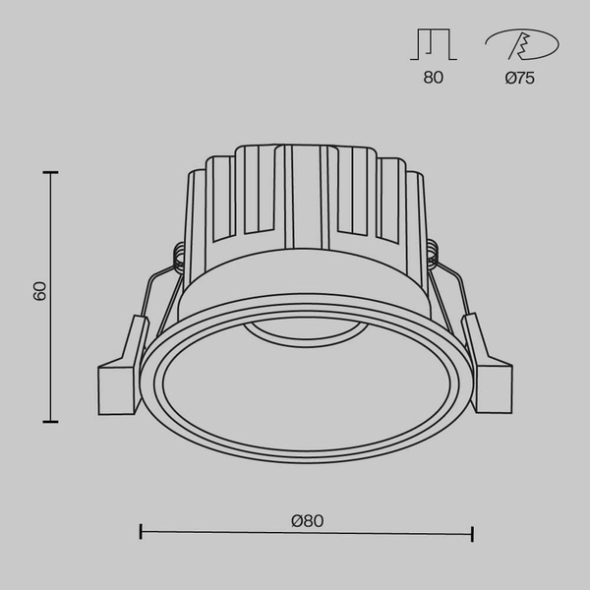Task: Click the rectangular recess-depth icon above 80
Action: pyautogui.click(x=433, y=44)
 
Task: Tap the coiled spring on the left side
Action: pyautogui.click(x=178, y=257)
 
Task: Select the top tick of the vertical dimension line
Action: pyautogui.click(x=49, y=172)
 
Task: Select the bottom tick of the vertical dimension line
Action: pyautogui.click(x=49, y=421)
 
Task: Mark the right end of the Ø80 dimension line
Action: pyautogui.click(x=474, y=534)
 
